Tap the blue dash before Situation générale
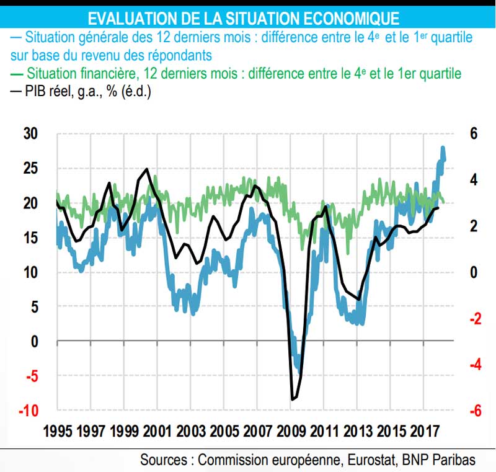coord(15,37)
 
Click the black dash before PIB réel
coord(15,92)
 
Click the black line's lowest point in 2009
coord(292,400)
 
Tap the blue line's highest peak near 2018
coord(443,148)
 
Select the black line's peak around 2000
coord(147,169)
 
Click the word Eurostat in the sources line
coord(366,460)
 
